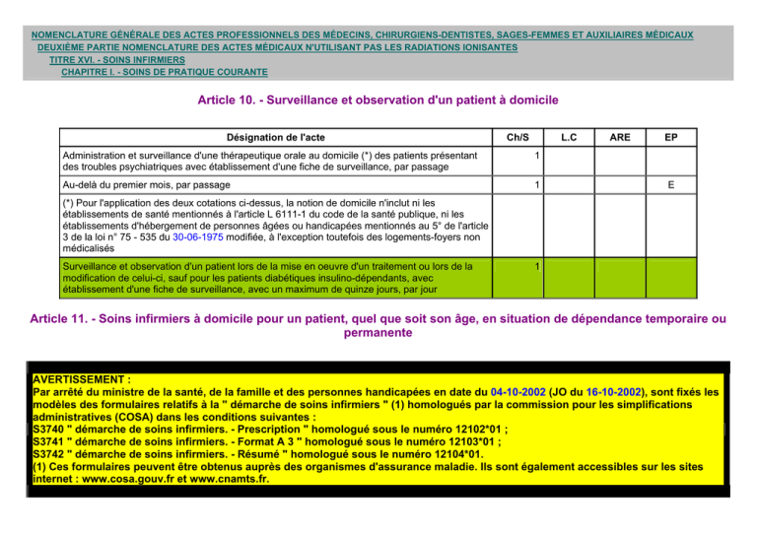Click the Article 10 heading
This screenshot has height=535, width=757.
[x=378, y=100]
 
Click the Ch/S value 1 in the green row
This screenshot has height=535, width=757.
[x=533, y=266]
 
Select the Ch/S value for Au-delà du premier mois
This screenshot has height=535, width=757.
[x=533, y=184]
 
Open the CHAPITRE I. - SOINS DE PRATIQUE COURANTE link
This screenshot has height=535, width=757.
[x=164, y=72]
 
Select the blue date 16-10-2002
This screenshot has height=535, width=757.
[x=659, y=391]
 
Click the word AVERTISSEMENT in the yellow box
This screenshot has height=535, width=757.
[x=81, y=378]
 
